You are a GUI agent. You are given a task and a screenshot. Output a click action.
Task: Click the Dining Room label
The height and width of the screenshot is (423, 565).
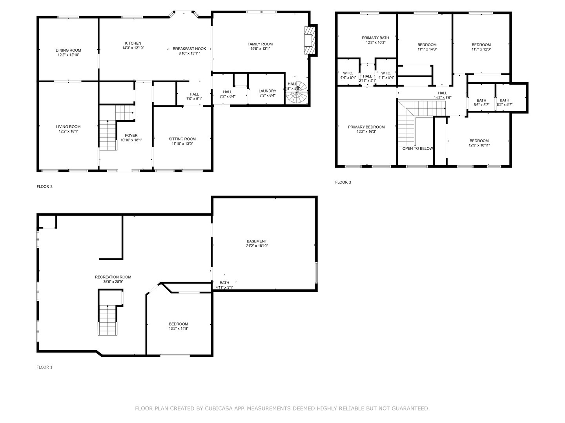(68, 51)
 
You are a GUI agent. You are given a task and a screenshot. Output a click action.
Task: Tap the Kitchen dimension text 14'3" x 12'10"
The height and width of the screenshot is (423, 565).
(133, 48)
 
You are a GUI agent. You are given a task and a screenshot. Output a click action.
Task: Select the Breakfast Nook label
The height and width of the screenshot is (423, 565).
(189, 49)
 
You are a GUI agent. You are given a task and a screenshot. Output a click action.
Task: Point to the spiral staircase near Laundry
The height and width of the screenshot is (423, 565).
(297, 92)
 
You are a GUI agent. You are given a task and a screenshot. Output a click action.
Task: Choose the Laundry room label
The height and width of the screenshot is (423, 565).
(268, 91)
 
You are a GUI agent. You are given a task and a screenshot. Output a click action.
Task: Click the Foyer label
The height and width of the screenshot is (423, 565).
(131, 136)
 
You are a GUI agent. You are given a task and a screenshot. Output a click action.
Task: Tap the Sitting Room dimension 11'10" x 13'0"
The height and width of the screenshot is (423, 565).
(182, 144)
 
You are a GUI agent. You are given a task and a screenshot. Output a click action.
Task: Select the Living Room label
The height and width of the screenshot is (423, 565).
(68, 127)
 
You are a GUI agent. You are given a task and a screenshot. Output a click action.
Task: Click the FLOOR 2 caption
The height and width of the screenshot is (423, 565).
(44, 186)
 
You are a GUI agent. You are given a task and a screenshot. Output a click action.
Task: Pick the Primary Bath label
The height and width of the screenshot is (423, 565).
(375, 38)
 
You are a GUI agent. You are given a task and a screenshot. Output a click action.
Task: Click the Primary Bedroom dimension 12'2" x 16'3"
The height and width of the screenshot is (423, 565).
(366, 132)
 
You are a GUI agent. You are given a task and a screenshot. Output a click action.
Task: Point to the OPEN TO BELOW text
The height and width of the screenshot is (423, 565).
(418, 148)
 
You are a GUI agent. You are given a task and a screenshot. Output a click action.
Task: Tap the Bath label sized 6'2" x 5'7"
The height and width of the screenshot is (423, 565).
(505, 100)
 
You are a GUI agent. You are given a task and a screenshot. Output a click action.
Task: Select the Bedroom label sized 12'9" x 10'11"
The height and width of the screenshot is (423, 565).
(479, 141)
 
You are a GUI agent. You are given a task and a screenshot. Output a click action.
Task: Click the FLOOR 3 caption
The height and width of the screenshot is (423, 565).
(343, 183)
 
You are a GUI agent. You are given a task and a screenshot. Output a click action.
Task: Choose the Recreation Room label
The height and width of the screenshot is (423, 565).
(113, 277)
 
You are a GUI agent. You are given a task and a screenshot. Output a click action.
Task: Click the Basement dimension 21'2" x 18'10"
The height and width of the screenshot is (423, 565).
(257, 246)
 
